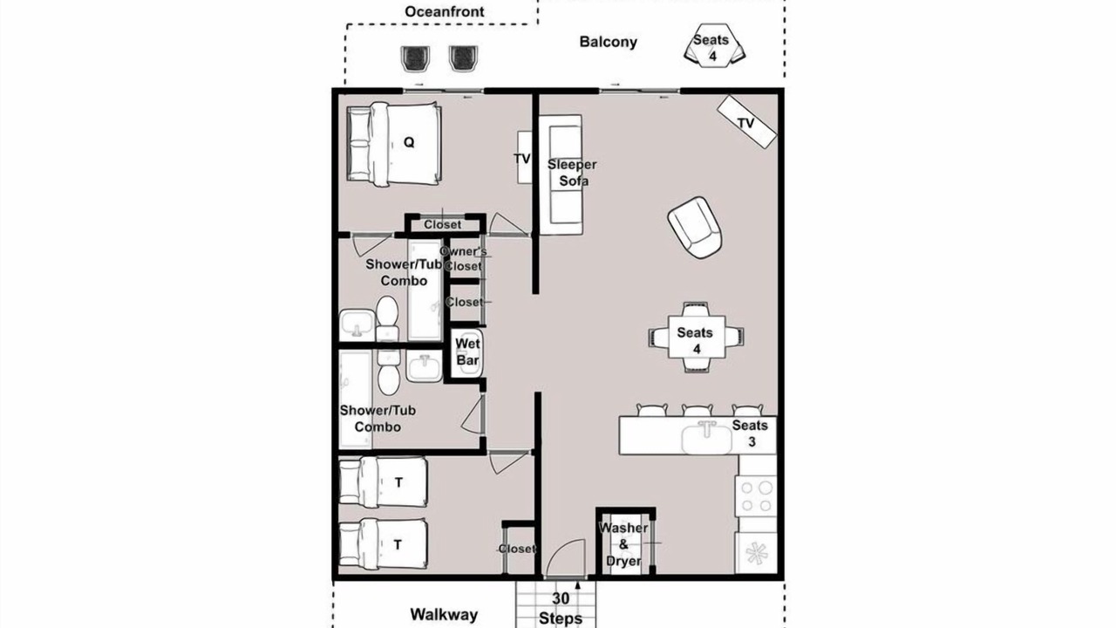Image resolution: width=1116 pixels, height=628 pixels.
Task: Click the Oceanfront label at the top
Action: click(444, 11)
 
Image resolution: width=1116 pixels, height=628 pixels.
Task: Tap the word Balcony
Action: click(608, 42)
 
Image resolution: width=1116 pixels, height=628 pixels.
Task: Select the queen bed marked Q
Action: click(394, 144)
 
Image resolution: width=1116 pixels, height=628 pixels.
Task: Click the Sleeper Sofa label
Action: click(572, 173)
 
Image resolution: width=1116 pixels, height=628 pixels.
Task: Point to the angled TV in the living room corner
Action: click(747, 121)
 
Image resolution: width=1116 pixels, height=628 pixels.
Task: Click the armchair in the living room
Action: click(695, 228)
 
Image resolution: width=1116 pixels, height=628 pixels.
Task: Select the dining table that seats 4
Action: click(696, 337)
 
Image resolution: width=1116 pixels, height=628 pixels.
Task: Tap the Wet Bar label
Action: click(467, 352)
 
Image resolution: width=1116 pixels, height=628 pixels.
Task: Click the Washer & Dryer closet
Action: click(626, 543)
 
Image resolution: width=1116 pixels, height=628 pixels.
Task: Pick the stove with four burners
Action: click(756, 496)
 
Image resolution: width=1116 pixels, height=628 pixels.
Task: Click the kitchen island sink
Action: click(706, 437)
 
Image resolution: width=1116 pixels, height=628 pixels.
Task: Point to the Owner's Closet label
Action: click(463, 259)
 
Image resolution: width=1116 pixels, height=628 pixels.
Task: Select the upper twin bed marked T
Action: click(383, 482)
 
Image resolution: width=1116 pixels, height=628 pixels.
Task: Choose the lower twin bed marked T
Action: click(383, 543)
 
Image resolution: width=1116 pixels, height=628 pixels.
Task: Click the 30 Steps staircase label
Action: click(561, 609)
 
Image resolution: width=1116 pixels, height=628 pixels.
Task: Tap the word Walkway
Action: click(444, 615)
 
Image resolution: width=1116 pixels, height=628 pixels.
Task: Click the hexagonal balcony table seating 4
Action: click(714, 46)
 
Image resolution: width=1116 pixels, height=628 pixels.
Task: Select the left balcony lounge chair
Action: click(415, 58)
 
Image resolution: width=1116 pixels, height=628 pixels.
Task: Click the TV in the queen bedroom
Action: click(525, 158)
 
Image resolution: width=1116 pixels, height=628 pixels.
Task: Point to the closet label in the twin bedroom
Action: click(517, 549)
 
